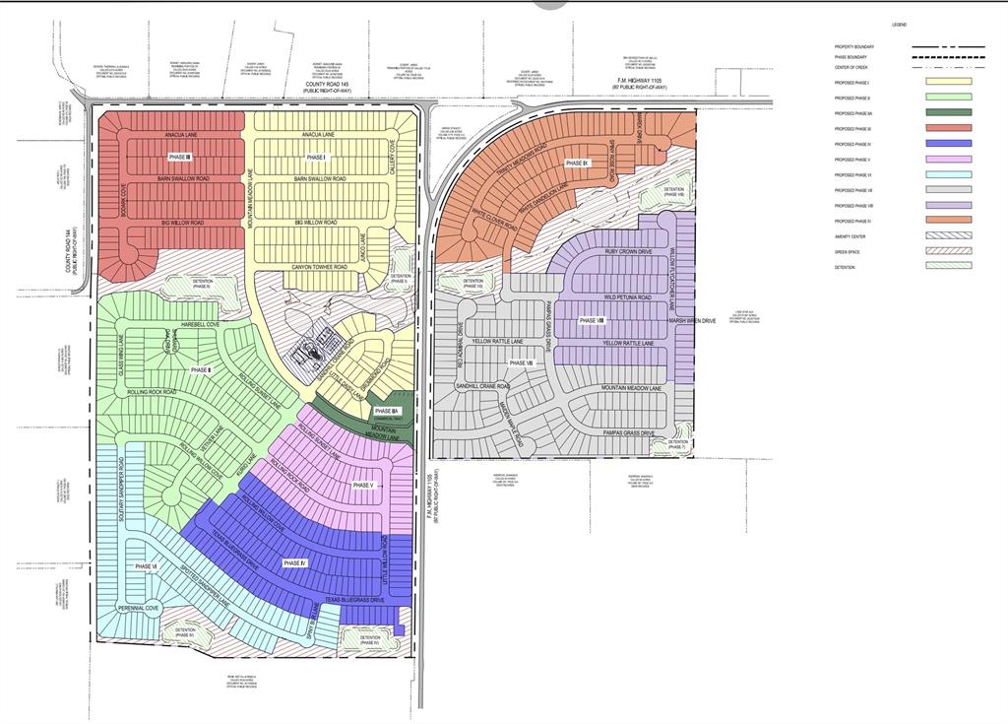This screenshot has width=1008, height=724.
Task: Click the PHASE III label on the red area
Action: [180, 158]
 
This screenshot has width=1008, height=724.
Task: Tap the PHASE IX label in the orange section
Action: [577, 163]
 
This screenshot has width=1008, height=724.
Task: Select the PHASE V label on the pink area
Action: [363, 485]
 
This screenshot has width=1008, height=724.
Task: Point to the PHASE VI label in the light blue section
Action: [146, 566]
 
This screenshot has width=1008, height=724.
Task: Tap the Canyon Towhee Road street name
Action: [320, 267]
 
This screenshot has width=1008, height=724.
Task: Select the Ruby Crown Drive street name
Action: [627, 252]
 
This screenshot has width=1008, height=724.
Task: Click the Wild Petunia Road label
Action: [627, 296]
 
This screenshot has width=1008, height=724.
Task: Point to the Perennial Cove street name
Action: [139, 609]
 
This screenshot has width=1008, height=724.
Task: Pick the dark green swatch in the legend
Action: [947, 113]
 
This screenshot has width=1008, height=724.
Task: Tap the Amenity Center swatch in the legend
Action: [947, 235]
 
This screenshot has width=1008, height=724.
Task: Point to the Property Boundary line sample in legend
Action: [947, 46]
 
